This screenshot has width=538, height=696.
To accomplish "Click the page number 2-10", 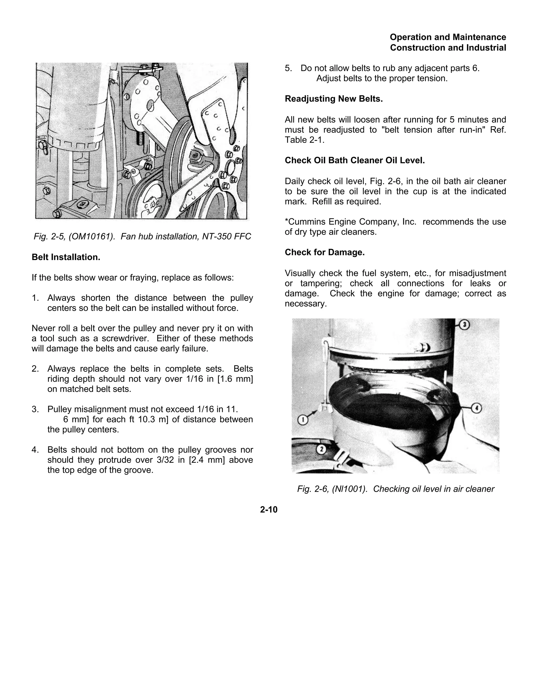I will pyautogui.click(x=269, y=510).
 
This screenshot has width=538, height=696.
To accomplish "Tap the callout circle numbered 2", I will pyautogui.click(x=321, y=449).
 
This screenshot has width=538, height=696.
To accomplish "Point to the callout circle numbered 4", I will pyautogui.click(x=476, y=408).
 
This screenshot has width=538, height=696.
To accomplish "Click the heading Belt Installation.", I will pyautogui.click(x=66, y=257).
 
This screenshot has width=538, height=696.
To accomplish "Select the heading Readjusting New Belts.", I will pyautogui.click(x=334, y=99).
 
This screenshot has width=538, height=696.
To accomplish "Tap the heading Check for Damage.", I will pyautogui.click(x=324, y=252).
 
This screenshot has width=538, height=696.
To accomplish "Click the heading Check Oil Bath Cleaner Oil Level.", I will pyautogui.click(x=355, y=160).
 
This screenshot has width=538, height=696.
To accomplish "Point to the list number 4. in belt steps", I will pyautogui.click(x=35, y=450).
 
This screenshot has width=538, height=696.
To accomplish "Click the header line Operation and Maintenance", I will pyautogui.click(x=448, y=37).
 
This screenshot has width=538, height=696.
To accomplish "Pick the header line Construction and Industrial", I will pyautogui.click(x=448, y=48).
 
